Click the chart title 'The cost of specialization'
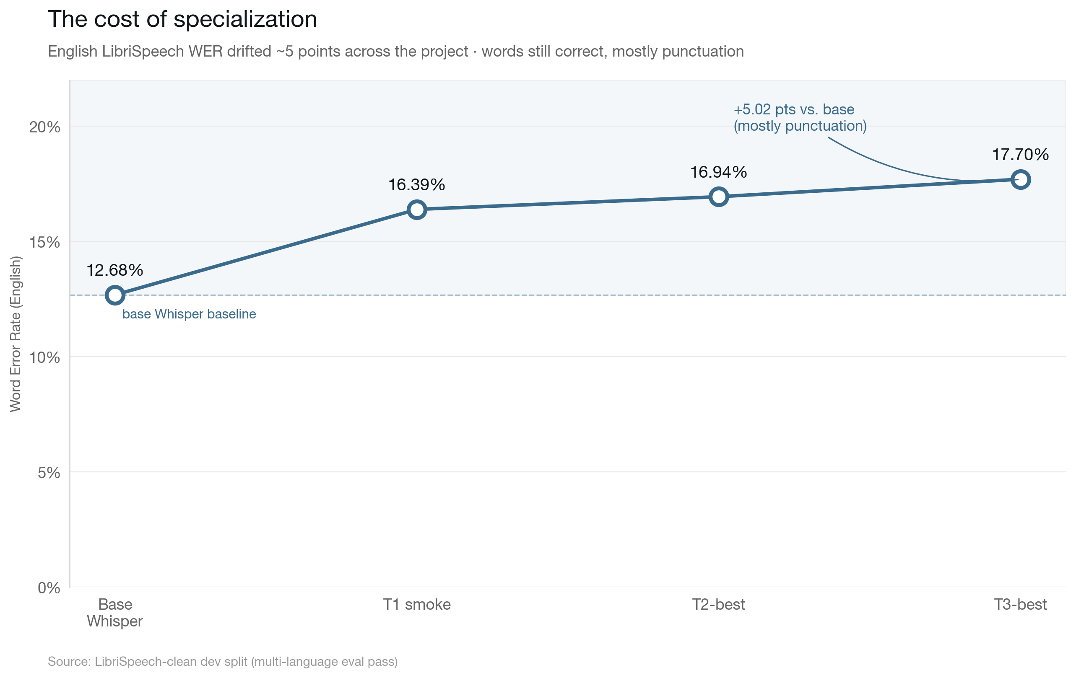click(182, 19)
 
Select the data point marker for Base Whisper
click(115, 295)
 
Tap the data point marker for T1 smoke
click(416, 209)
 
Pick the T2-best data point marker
click(719, 197)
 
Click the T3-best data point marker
click(1021, 179)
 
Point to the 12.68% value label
click(114, 270)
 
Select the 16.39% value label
click(416, 184)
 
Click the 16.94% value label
click(719, 172)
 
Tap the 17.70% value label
click(1020, 155)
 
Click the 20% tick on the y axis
click(45, 127)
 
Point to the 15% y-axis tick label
click(45, 243)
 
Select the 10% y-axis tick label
click(45, 357)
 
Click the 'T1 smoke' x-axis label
click(416, 604)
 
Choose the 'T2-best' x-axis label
click(719, 604)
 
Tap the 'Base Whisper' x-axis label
click(115, 612)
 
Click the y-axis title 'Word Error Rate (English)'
click(15, 334)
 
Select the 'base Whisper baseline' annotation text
click(189, 314)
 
